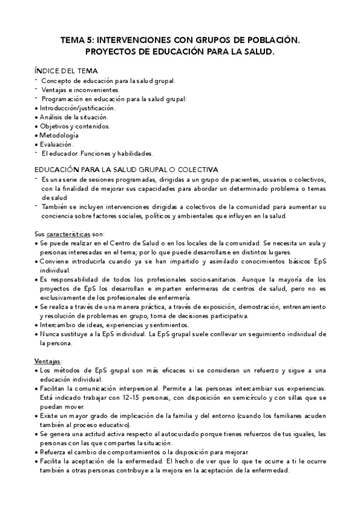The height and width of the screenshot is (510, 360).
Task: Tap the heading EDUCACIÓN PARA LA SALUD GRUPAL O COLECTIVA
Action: tap(126, 170)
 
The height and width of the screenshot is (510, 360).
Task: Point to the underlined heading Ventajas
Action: tap(47, 361)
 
